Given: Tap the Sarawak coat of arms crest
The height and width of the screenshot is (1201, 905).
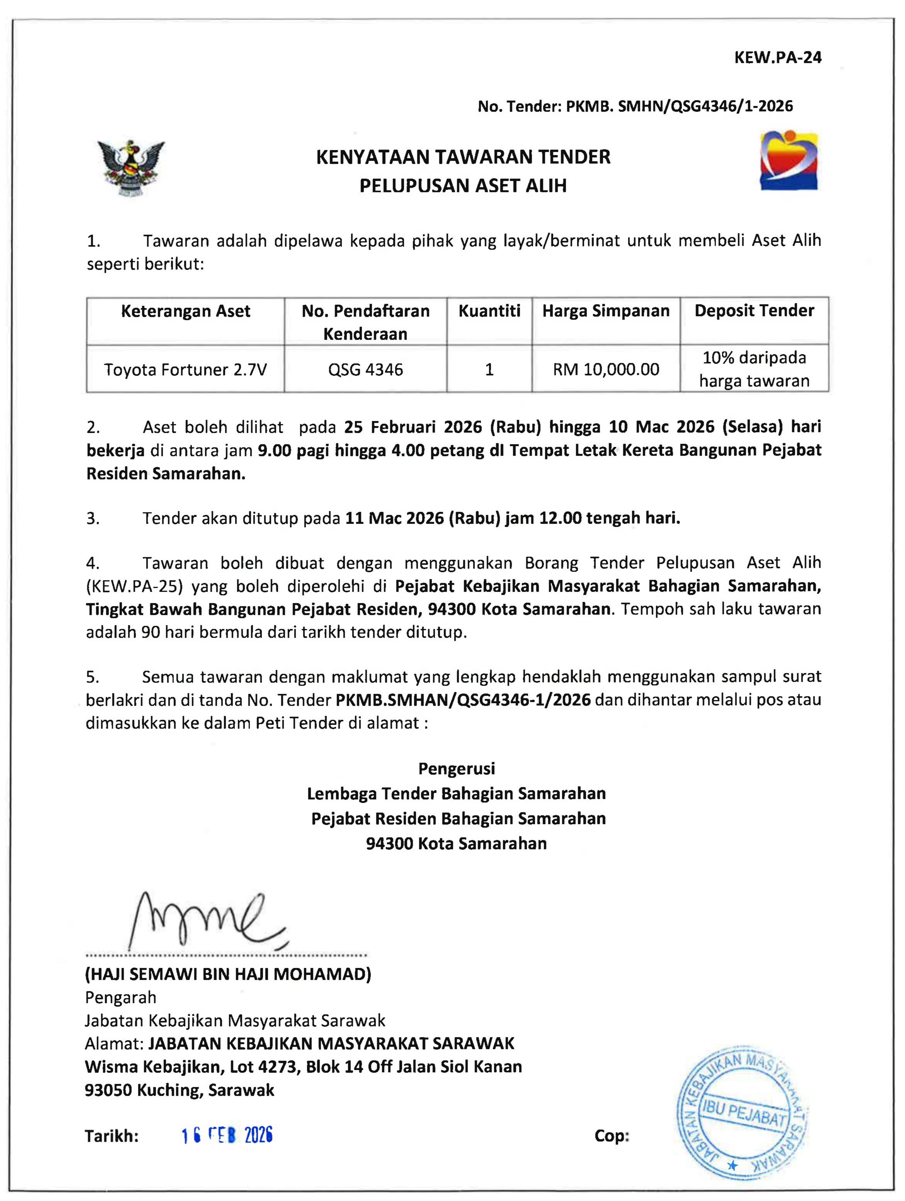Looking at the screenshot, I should tap(131, 168).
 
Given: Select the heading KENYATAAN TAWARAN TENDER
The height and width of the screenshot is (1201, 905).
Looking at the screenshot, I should tap(463, 157).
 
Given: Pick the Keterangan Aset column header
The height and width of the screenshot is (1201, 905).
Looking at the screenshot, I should tap(185, 311).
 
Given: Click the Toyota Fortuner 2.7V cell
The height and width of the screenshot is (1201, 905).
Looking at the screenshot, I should tap(185, 370).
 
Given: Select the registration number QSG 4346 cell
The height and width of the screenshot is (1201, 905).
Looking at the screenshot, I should tap(366, 370).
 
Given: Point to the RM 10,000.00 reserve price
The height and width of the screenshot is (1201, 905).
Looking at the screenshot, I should tap(606, 370).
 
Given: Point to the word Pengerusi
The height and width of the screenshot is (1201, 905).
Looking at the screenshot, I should tap(457, 768).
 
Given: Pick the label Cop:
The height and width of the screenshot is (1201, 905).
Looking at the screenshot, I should tap(612, 1136).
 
